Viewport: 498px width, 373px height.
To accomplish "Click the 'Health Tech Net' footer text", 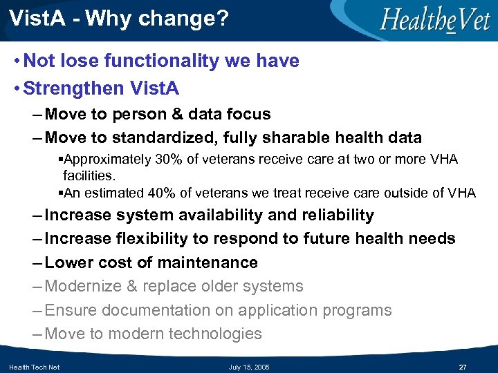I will [35, 367].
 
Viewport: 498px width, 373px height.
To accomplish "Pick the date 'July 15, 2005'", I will [249, 367].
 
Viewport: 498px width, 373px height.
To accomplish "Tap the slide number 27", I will [463, 367].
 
